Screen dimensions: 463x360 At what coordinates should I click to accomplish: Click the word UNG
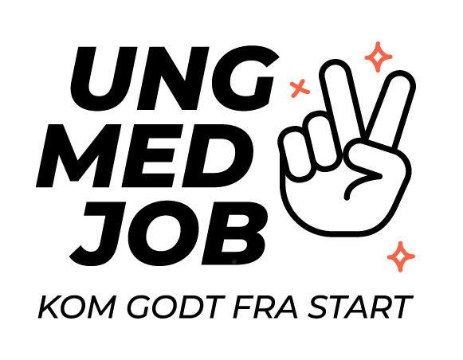pyautogui.click(x=175, y=79)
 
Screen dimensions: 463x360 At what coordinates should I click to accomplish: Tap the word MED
pyautogui.click(x=145, y=155)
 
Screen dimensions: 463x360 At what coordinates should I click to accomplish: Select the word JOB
pyautogui.click(x=169, y=233)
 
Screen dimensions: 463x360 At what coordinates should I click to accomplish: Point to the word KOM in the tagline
pyautogui.click(x=77, y=307)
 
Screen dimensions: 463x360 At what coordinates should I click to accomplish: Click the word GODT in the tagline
pyautogui.click(x=176, y=307)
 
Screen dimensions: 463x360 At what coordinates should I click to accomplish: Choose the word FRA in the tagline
pyautogui.click(x=265, y=307)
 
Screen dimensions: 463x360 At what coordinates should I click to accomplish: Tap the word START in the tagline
pyautogui.click(x=360, y=307)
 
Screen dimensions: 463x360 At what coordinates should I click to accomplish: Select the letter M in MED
pyautogui.click(x=79, y=155)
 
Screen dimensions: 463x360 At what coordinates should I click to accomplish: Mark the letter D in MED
pyautogui.click(x=218, y=155)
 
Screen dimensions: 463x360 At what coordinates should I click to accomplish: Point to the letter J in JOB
pyautogui.click(x=98, y=233)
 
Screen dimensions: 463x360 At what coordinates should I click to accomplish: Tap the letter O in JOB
pyautogui.click(x=164, y=233)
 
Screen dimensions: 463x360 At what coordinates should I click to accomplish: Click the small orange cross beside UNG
pyautogui.click(x=300, y=88)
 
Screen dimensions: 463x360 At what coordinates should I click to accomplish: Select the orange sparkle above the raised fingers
pyautogui.click(x=379, y=57)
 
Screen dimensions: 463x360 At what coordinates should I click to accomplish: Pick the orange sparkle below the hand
pyautogui.click(x=401, y=256)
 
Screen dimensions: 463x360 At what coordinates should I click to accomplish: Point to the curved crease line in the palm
pyautogui.click(x=358, y=183)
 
